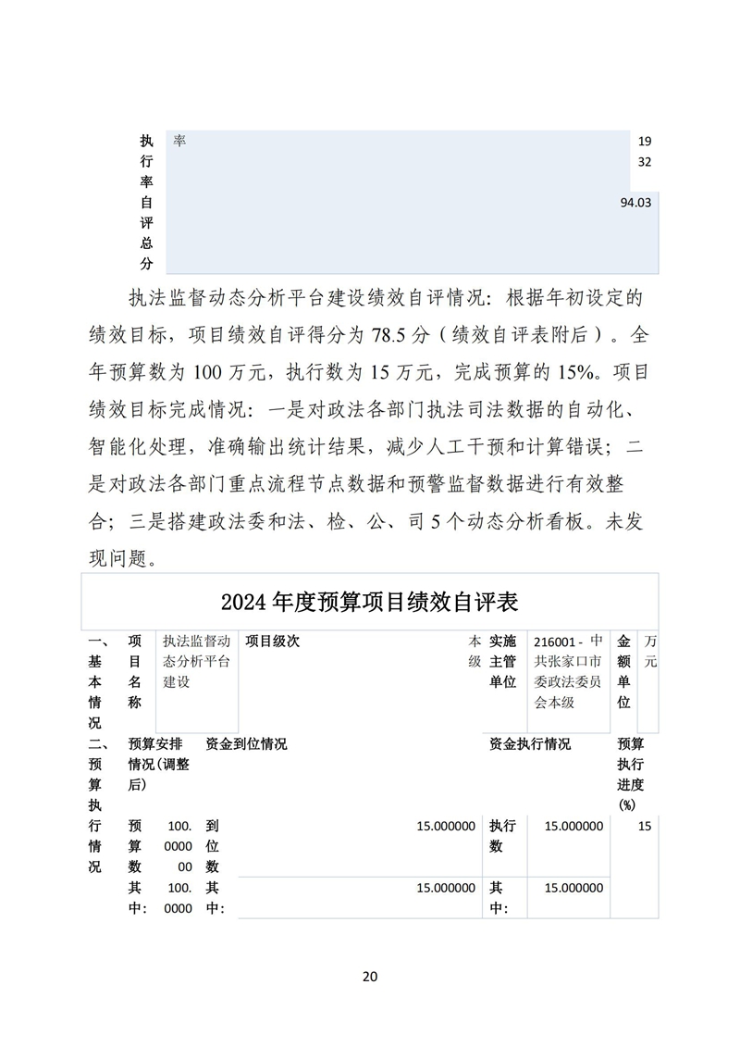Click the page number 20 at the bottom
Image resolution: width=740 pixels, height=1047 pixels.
click(x=370, y=976)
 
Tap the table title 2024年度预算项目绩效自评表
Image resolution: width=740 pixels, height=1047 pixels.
click(x=369, y=603)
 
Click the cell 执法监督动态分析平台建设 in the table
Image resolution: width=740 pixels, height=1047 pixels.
click(x=196, y=661)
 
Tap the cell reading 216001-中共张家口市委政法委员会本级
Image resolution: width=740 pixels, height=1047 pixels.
click(x=569, y=671)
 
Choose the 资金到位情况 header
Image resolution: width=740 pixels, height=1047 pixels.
click(x=246, y=743)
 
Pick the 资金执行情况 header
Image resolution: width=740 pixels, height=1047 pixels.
click(x=530, y=743)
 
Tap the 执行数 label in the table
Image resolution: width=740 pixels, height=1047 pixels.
click(x=502, y=836)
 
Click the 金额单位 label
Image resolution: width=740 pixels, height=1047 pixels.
click(x=623, y=671)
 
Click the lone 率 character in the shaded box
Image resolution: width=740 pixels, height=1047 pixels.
click(x=179, y=141)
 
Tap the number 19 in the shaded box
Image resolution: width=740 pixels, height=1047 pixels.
click(x=646, y=142)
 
